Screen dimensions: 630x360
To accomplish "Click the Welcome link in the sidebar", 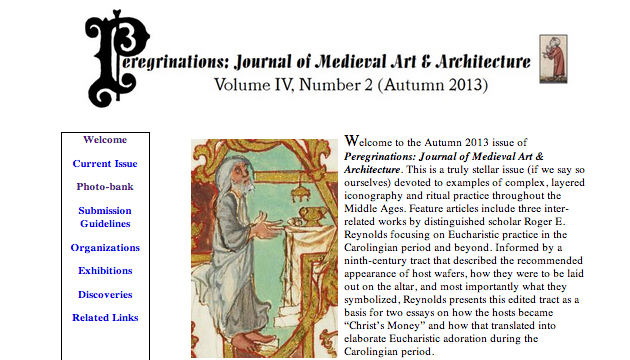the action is click(x=105, y=140).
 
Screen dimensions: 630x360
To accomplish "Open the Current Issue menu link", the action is click(x=105, y=164).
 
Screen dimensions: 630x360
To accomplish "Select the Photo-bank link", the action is click(x=105, y=187).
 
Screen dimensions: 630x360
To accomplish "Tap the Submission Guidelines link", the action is click(x=105, y=217).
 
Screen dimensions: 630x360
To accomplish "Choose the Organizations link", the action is click(x=105, y=248).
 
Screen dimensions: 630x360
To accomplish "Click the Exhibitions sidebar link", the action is click(x=105, y=271).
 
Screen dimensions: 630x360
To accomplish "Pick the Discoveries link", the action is click(x=105, y=295).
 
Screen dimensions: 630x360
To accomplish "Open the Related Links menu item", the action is click(x=105, y=318).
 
